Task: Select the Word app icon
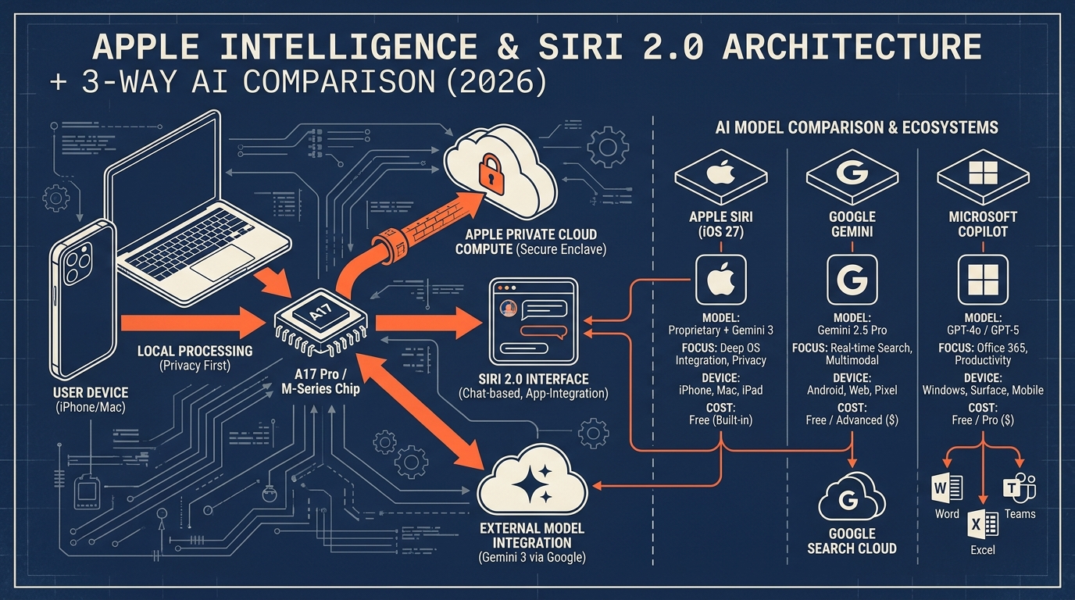(946, 489)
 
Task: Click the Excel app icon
(982, 524)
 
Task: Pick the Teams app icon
(1020, 488)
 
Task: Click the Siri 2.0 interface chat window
(533, 322)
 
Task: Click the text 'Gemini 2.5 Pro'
(852, 330)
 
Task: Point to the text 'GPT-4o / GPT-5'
(982, 330)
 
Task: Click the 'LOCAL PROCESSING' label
(195, 351)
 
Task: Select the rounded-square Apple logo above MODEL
(721, 280)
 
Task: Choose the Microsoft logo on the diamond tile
(983, 173)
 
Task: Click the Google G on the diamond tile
(852, 173)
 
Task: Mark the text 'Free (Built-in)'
(721, 420)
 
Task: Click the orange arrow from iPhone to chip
(193, 323)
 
